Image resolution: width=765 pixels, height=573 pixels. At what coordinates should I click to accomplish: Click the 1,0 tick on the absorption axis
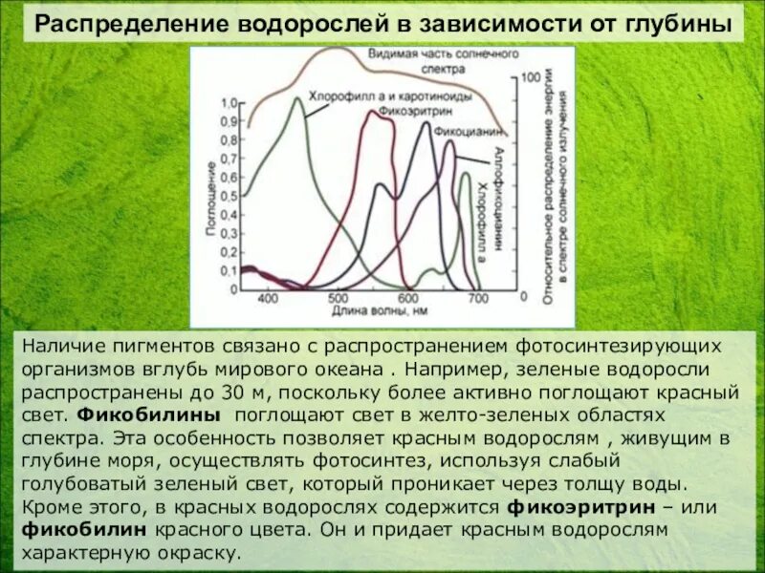click(229, 103)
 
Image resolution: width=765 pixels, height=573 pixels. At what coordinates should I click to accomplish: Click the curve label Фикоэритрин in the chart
click(406, 109)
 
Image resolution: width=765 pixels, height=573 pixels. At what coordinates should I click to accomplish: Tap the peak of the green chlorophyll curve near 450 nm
click(297, 98)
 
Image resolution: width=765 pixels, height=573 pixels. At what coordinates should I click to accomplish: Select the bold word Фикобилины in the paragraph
click(148, 415)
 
